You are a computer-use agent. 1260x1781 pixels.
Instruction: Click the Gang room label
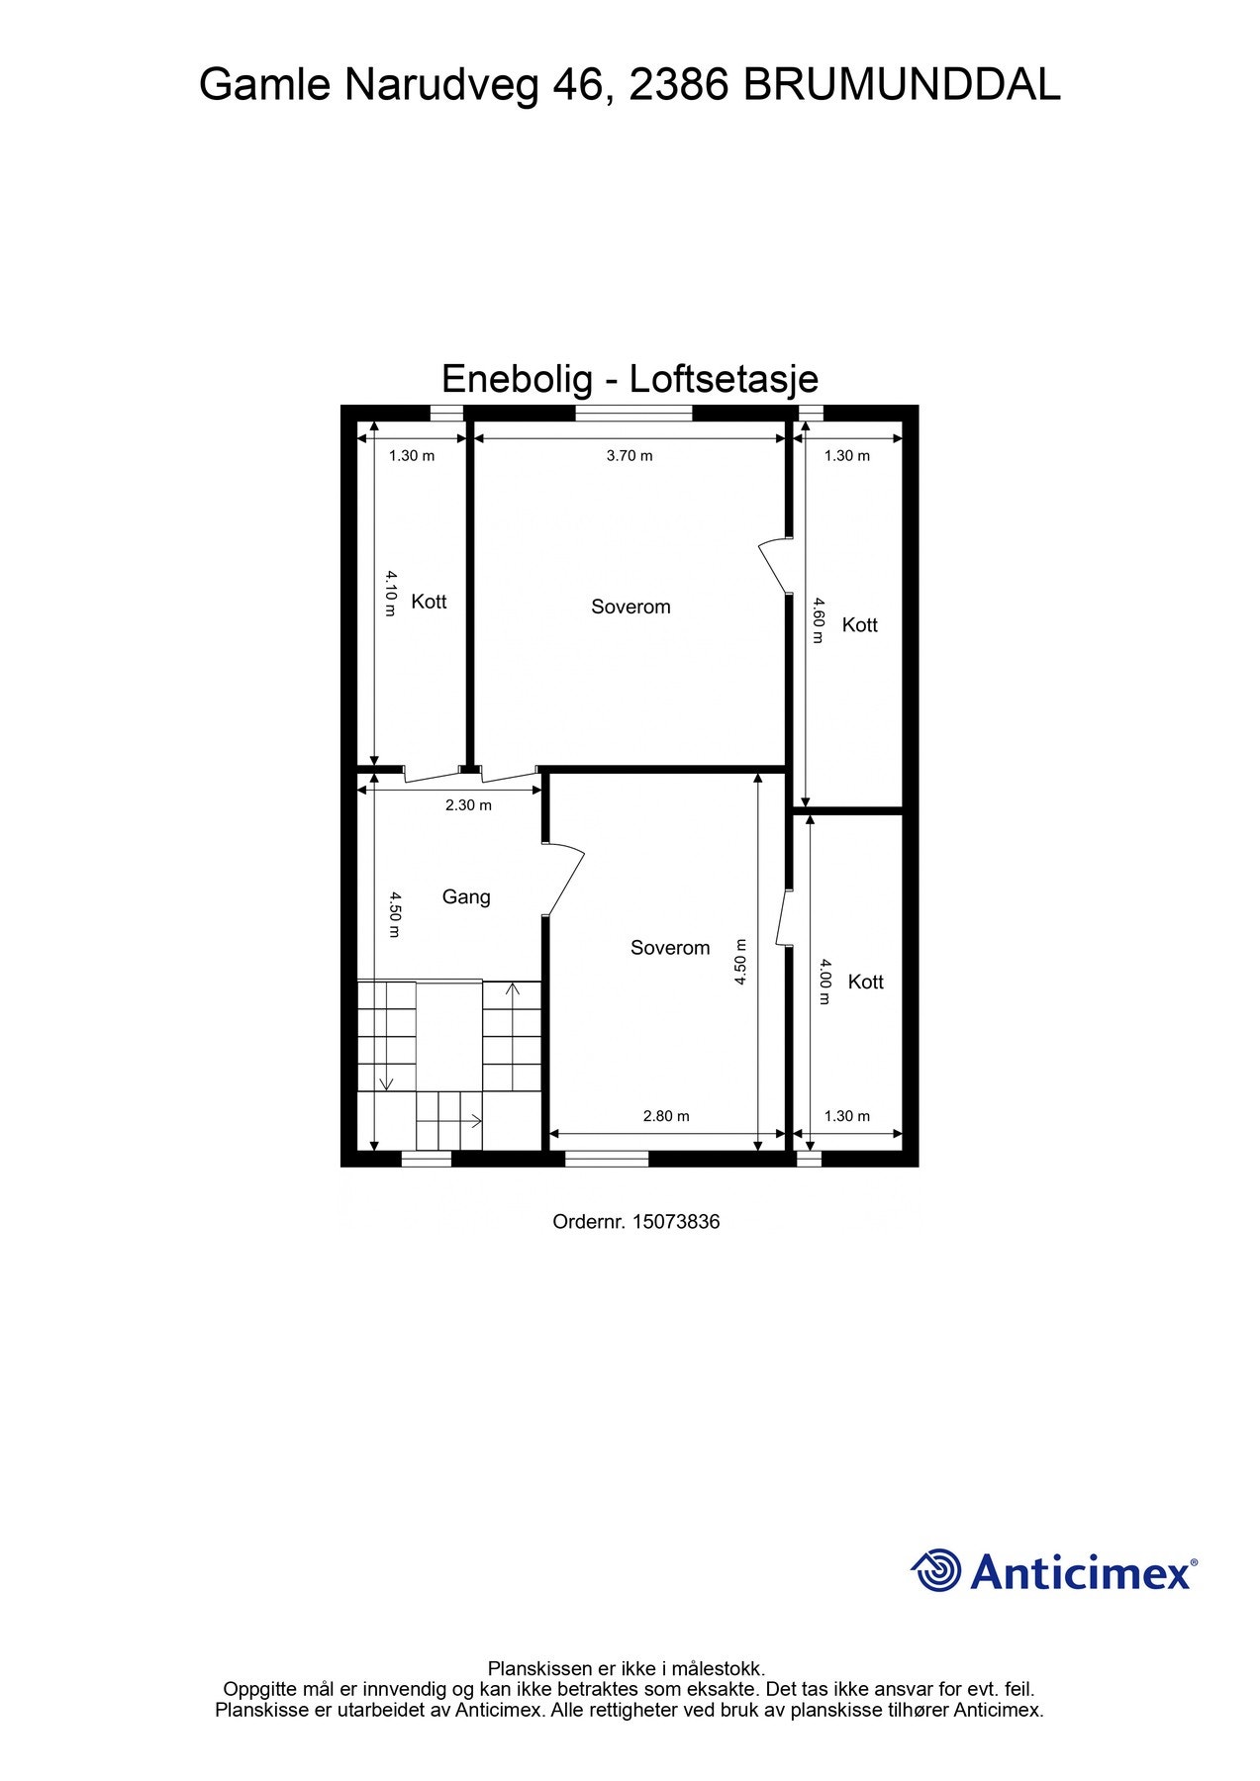pos(465,896)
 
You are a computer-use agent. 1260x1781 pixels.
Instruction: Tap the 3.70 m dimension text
pos(630,456)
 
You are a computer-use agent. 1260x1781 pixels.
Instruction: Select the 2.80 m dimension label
pos(666,1116)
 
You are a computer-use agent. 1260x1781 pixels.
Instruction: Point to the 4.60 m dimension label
pos(818,619)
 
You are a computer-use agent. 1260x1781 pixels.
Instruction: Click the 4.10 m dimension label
pos(391,592)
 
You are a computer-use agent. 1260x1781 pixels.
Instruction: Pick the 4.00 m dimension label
pos(824,982)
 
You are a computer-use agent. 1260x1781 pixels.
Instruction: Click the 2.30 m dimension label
pos(468,805)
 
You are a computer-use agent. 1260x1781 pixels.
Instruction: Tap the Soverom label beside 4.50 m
pos(670,948)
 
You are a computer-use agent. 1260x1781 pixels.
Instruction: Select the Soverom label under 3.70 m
pos(630,607)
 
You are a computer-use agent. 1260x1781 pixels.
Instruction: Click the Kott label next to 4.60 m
pos(859,624)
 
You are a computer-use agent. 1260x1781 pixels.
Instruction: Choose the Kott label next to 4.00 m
pos(865,982)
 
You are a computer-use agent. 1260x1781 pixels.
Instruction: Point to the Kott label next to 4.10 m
pos(429,602)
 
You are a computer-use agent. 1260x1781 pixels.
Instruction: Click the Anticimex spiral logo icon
pos(935,1570)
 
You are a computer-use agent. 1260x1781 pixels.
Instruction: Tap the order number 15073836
pos(676,1221)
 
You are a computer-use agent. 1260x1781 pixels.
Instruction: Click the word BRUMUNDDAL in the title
pos(901,85)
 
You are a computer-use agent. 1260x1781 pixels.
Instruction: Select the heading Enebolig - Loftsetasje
pos(630,378)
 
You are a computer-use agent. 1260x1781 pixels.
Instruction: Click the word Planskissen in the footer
pos(540,1669)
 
